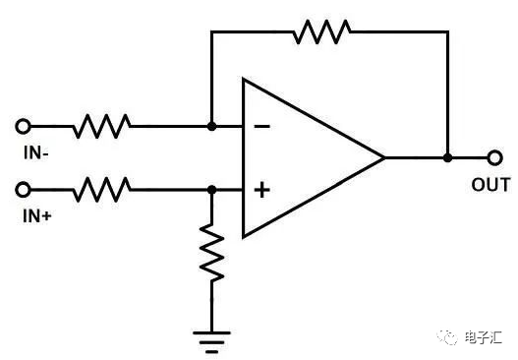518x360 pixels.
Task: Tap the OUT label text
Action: click(x=490, y=184)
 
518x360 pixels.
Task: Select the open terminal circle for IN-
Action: click(x=25, y=126)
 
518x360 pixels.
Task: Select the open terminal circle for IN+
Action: click(x=25, y=189)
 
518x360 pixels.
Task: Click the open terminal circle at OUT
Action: click(x=494, y=157)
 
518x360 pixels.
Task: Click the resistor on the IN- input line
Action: click(x=102, y=126)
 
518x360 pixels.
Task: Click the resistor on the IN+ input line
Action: click(x=102, y=189)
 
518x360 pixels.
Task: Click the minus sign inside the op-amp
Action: click(x=262, y=127)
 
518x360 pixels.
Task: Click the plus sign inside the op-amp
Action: click(x=262, y=189)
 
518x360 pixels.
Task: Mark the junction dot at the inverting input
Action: click(x=212, y=126)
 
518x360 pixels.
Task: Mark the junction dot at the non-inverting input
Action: click(x=212, y=189)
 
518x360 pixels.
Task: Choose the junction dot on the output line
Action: click(x=447, y=157)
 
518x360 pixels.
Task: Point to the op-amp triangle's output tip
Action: click(x=383, y=157)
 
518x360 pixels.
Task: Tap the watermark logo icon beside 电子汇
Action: click(x=447, y=336)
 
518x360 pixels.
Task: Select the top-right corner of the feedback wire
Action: click(x=447, y=31)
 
